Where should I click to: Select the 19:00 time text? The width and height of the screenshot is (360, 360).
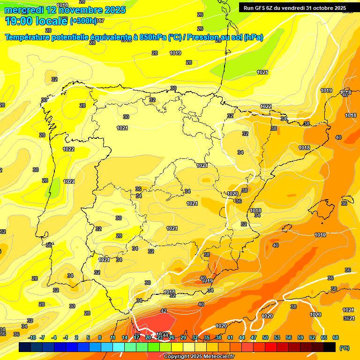pos(19,21)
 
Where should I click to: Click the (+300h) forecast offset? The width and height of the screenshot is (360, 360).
pos(83,21)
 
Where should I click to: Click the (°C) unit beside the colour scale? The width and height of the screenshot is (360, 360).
pos(344,348)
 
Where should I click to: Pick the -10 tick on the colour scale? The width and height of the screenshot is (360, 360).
pos(32,337)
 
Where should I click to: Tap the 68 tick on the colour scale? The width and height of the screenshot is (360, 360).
pos(336,337)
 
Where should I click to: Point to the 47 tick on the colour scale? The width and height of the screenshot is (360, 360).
pos(254,337)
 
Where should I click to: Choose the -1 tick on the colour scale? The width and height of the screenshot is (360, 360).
pos(66,337)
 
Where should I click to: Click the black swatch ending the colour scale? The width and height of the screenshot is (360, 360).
pos(330,347)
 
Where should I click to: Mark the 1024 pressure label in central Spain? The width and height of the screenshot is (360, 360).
pos(202,165)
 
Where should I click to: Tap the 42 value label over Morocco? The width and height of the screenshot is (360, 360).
pos(164,311)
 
